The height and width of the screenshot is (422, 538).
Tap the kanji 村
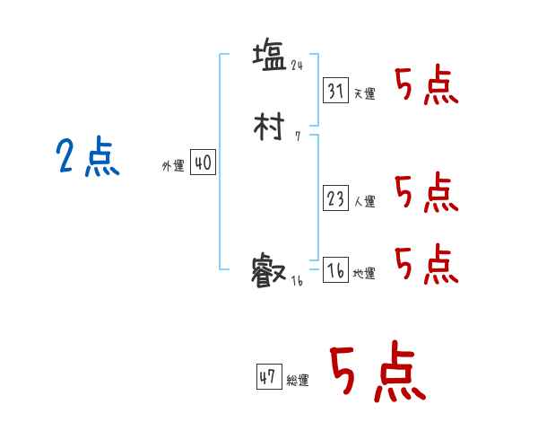coord(270,127)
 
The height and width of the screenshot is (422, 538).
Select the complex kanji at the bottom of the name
coord(270,269)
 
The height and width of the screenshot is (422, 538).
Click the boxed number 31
coord(335,91)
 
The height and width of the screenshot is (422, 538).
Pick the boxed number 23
coord(335,199)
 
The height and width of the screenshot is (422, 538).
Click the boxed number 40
coord(203,163)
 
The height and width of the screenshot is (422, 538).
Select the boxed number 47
coord(268,377)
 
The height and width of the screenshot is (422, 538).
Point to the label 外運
coord(172,167)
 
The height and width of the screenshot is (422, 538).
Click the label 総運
coord(298,381)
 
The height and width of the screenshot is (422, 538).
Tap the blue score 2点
coord(87,159)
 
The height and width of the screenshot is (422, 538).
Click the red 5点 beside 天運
coord(426,86)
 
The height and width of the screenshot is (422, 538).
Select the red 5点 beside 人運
coord(426,192)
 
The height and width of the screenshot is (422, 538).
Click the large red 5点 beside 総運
coord(377,373)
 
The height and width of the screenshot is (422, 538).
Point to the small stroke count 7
coord(297,137)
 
